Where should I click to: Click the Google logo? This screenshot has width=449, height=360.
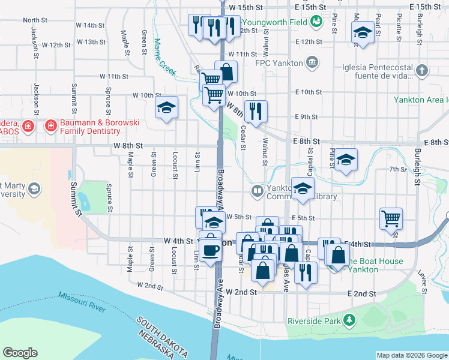(20, 353)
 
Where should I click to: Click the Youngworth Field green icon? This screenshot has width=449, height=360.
(316, 22)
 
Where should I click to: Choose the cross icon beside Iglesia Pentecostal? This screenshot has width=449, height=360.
(422, 71)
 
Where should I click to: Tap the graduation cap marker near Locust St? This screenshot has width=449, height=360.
(167, 107)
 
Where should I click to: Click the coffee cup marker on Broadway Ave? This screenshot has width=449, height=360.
(210, 249)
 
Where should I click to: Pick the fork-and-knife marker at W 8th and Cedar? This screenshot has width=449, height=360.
(256, 110)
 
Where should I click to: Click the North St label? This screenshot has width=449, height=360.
(35, 20)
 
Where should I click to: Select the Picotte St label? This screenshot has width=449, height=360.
(399, 25)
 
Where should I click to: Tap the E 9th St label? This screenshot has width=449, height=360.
(306, 117)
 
